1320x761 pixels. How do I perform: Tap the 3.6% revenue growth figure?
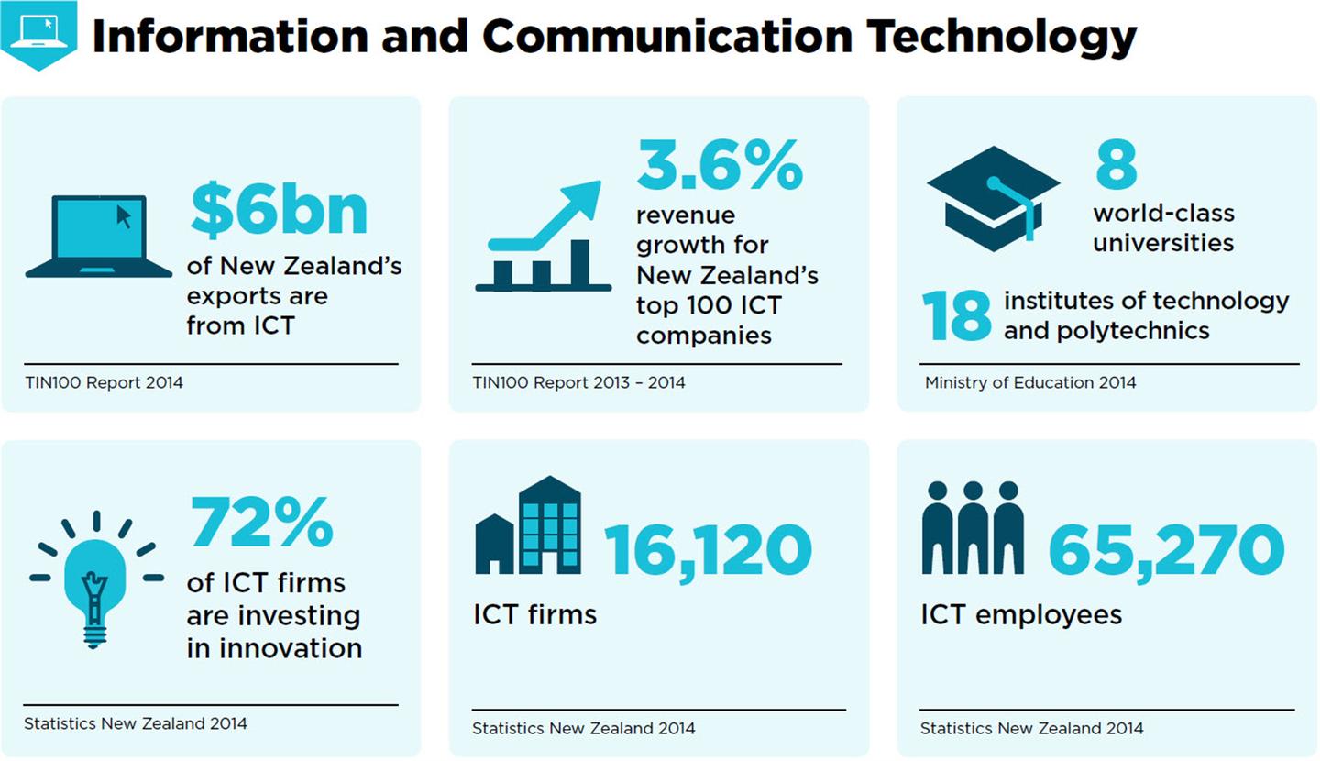[720, 166]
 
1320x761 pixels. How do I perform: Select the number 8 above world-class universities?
[1116, 166]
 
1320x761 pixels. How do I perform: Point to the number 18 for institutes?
[956, 316]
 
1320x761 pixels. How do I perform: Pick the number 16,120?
[708, 550]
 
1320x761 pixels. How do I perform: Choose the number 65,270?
[1166, 550]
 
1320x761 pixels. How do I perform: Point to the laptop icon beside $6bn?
[99, 236]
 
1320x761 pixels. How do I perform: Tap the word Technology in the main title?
[1001, 37]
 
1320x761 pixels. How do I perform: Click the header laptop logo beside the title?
[38, 33]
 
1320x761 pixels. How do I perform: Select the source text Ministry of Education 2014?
[1029, 382]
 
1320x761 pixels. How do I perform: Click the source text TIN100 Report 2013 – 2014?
[578, 382]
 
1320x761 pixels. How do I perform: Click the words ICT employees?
[1021, 614]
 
